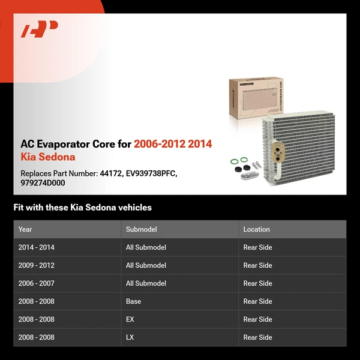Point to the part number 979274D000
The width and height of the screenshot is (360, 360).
pyautogui.click(x=43, y=183)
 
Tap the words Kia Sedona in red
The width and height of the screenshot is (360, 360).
pyautogui.click(x=48, y=157)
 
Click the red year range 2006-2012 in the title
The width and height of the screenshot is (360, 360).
pyautogui.click(x=159, y=144)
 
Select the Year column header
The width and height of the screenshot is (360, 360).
pyautogui.click(x=25, y=229)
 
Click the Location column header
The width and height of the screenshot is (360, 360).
pyautogui.click(x=256, y=229)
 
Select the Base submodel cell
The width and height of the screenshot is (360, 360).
pyautogui.click(x=133, y=301)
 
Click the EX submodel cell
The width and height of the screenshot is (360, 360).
pyautogui.click(x=130, y=319)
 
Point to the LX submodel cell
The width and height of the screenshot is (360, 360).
pyautogui.click(x=130, y=337)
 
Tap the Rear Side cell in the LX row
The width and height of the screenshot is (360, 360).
pyautogui.click(x=257, y=337)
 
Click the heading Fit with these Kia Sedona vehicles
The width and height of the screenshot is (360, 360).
pyautogui.click(x=83, y=208)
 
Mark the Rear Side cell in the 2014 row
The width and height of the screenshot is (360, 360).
pyautogui.click(x=257, y=247)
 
